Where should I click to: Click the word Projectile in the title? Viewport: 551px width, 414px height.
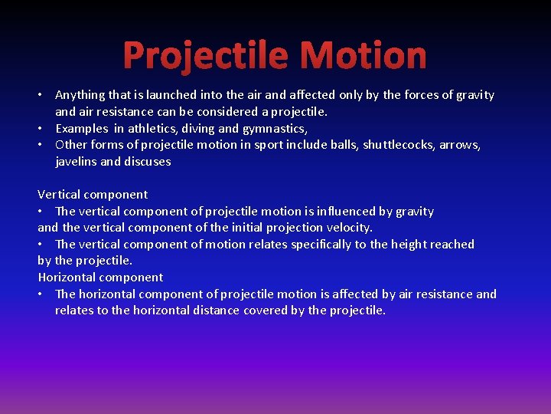[206, 56]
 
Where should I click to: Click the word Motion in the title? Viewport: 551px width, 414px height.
[364, 56]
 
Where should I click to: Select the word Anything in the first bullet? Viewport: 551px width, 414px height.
[80, 95]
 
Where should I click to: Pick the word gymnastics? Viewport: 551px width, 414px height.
[274, 128]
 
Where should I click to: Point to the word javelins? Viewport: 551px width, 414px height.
[76, 162]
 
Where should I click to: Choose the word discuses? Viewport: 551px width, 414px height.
[147, 162]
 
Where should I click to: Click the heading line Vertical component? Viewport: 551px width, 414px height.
[93, 195]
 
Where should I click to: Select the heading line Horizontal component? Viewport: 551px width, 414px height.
[100, 278]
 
